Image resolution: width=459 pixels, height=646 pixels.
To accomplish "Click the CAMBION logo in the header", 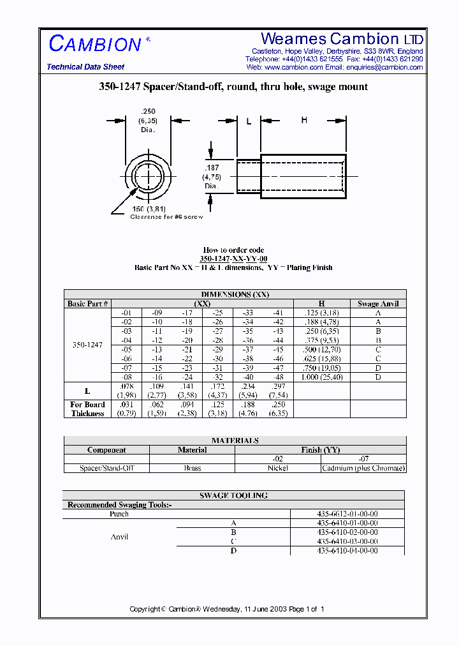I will pyautogui.click(x=96, y=44).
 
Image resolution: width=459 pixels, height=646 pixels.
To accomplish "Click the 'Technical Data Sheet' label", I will pyautogui.click(x=85, y=67).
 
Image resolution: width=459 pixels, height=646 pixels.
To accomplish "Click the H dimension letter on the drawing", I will pyautogui.click(x=304, y=121).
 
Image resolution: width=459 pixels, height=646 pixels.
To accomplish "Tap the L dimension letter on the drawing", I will pyautogui.click(x=249, y=121).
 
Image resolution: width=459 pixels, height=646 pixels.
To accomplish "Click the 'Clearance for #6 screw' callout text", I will pyautogui.click(x=166, y=217).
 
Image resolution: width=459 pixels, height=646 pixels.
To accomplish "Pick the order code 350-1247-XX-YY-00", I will pyautogui.click(x=233, y=259).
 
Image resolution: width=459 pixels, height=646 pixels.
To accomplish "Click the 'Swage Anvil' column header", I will pyautogui.click(x=377, y=304).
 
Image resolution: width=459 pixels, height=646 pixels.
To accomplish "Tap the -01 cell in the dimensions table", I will pyautogui.click(x=126, y=313).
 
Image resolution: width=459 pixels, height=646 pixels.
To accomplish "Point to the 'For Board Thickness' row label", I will pyautogui.click(x=87, y=409).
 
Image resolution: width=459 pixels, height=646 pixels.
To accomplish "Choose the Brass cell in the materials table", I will pyautogui.click(x=192, y=468).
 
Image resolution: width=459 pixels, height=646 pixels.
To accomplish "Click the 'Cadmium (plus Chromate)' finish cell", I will pyautogui.click(x=363, y=468).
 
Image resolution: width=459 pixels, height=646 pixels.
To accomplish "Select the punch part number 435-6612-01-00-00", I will pyautogui.click(x=347, y=514).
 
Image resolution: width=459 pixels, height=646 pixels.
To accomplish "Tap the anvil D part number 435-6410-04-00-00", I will pyautogui.click(x=347, y=550).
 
